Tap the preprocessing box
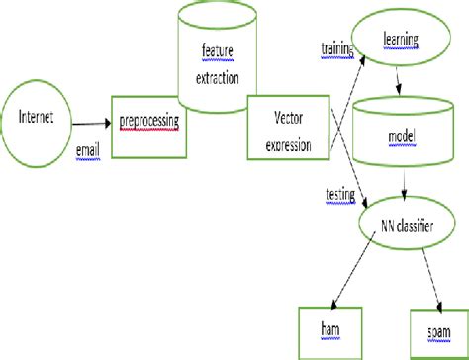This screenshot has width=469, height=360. tap(148, 126)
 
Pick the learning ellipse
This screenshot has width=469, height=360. tap(402, 41)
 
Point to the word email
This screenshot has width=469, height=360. tap(88, 150)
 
